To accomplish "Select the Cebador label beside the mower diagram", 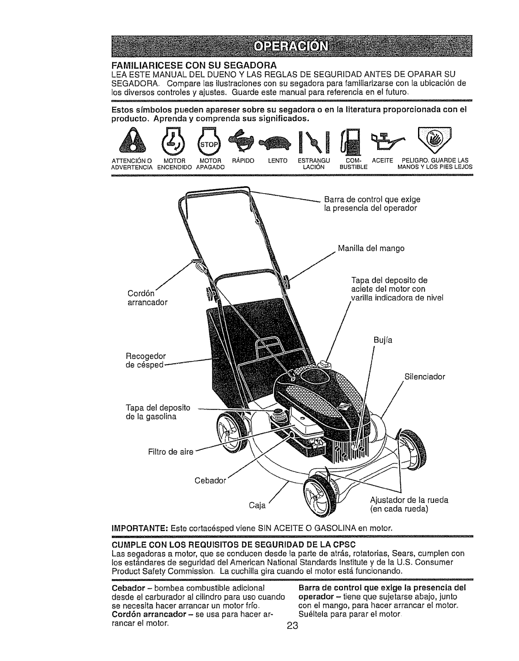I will pos(210,480).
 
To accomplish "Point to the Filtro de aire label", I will pos(171,452).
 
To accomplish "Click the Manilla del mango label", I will pos(371,249).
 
